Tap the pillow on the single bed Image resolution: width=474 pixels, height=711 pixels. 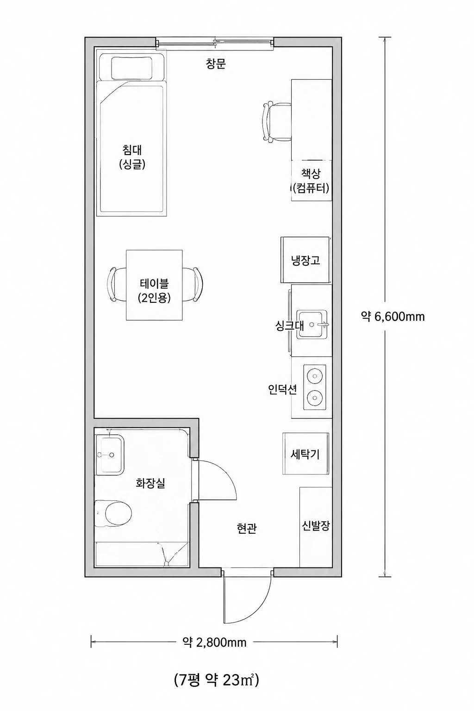pyautogui.click(x=131, y=68)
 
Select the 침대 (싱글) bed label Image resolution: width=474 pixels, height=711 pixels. pyautogui.click(x=132, y=157)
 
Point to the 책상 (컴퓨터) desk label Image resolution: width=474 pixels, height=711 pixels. pyautogui.click(x=310, y=181)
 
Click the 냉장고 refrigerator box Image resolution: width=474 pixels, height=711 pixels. pyautogui.click(x=305, y=260)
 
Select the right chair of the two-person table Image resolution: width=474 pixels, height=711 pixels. pyautogui.click(x=193, y=284)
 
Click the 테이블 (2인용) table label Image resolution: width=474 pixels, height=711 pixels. pyautogui.click(x=154, y=290)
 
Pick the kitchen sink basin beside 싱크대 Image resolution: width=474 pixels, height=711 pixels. pyautogui.click(x=312, y=324)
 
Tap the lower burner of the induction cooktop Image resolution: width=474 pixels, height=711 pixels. pyautogui.click(x=315, y=397)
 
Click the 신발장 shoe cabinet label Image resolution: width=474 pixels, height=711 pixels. pyautogui.click(x=316, y=526)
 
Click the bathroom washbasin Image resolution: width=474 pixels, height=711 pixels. pyautogui.click(x=109, y=455)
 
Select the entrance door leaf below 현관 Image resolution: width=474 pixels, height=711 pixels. pyautogui.click(x=224, y=597)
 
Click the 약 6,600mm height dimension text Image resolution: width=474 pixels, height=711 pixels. pyautogui.click(x=393, y=317)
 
